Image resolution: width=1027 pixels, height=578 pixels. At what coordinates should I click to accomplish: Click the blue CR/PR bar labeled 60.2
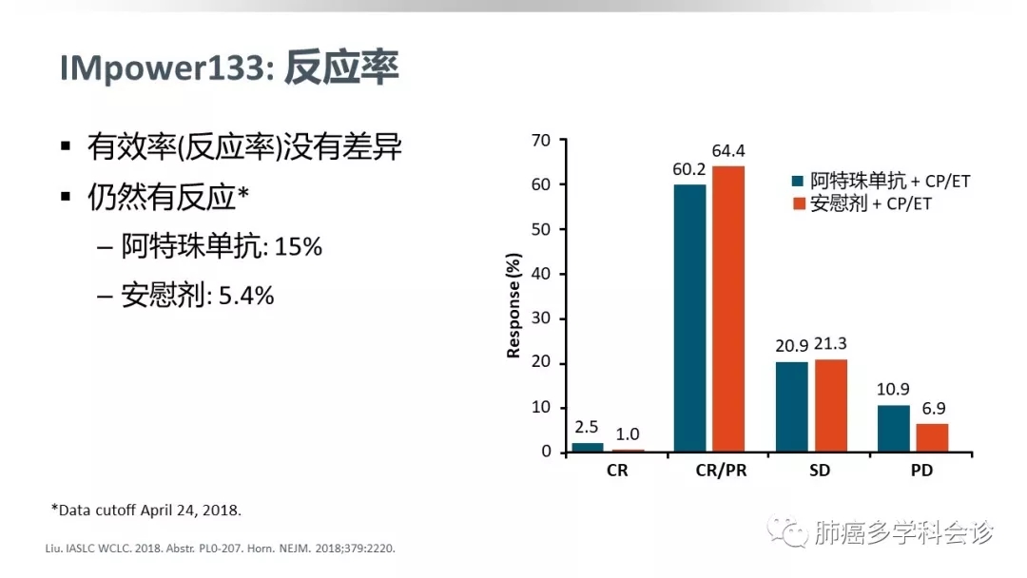pos(690,318)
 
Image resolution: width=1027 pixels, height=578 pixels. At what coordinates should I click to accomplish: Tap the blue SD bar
pos(793,406)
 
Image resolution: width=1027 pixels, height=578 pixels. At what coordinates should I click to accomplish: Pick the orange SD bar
pos(831,405)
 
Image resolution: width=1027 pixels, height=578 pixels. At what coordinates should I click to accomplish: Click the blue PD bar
pos(894,428)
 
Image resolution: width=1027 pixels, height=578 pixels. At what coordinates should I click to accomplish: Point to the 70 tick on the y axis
pos(541,141)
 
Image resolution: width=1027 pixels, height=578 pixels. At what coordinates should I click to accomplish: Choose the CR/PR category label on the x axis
pos(709,471)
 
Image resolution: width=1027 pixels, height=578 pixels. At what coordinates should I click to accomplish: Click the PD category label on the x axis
pos(913,471)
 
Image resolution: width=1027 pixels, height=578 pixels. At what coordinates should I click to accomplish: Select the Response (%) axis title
pos(514,304)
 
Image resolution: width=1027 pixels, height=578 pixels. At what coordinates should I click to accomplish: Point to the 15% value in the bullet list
pos(300,247)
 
